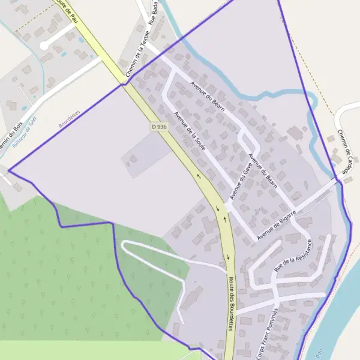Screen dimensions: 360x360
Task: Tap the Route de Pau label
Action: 67,7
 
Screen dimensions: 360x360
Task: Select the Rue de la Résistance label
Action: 293,256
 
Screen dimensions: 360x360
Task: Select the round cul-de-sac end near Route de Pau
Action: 43,45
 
